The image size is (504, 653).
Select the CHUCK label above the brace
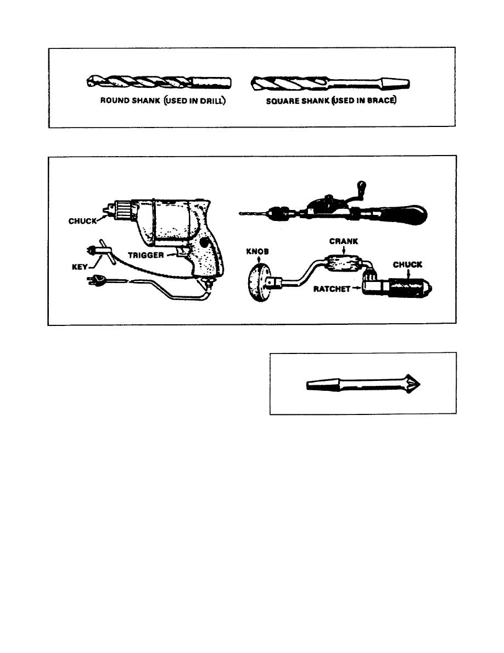tap(407, 265)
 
